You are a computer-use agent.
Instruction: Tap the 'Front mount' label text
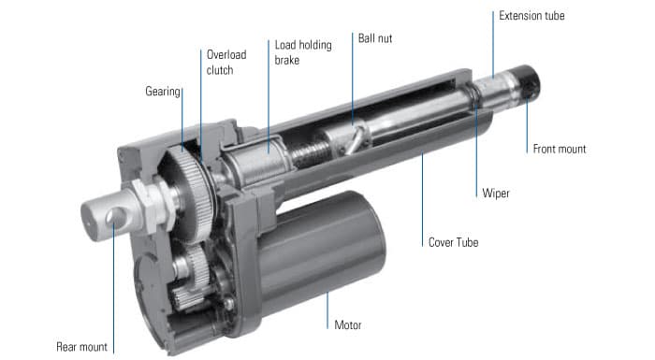pyautogui.click(x=560, y=149)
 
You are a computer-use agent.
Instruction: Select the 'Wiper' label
pyautogui.click(x=496, y=194)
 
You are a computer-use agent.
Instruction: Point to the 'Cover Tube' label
pyautogui.click(x=454, y=241)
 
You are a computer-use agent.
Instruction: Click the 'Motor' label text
pyautogui.click(x=348, y=325)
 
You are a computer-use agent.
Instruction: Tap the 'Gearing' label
pyautogui.click(x=163, y=92)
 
